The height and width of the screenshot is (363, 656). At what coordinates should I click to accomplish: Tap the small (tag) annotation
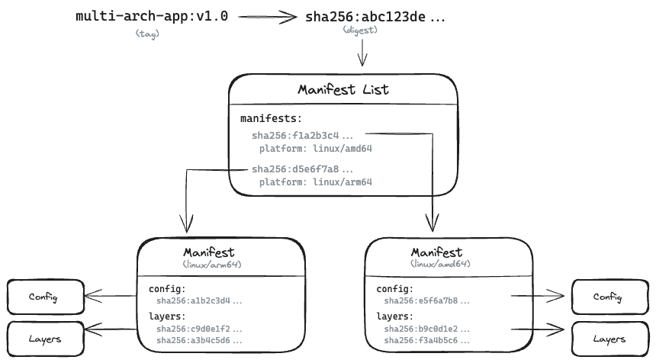point(147,33)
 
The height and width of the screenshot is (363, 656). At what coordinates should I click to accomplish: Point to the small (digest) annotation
point(362,31)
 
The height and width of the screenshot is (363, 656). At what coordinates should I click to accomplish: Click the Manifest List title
point(343,89)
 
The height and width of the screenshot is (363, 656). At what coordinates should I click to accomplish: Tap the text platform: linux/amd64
point(315,149)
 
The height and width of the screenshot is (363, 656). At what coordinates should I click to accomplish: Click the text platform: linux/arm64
point(315,182)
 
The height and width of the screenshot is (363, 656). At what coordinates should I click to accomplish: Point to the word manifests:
point(271,119)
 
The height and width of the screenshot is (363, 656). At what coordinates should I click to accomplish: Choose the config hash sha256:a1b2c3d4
point(193,300)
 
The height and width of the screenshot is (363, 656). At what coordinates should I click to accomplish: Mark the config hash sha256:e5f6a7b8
point(421,300)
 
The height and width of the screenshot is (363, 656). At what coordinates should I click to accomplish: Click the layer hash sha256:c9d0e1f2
point(193,329)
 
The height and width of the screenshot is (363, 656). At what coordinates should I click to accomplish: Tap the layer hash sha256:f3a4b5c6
point(421,340)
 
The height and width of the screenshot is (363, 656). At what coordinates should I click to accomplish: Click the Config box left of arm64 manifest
point(44,296)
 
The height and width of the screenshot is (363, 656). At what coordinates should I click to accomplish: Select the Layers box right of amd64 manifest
point(609,339)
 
